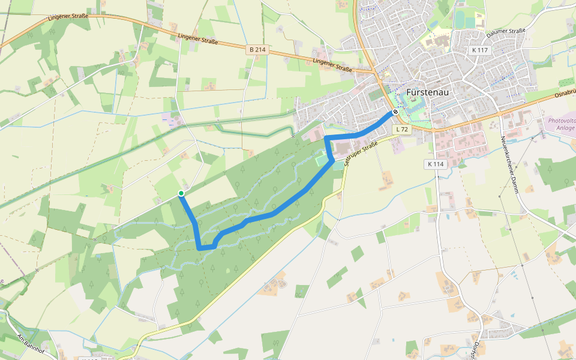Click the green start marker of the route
click(x=181, y=193)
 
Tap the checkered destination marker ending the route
click(x=395, y=112)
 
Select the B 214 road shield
click(x=256, y=50)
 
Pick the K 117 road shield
click(x=479, y=50)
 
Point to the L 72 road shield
click(x=402, y=130)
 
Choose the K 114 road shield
click(x=436, y=164)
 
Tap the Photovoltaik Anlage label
click(x=560, y=124)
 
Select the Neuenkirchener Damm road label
click(x=510, y=159)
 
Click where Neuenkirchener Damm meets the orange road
click(x=499, y=115)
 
